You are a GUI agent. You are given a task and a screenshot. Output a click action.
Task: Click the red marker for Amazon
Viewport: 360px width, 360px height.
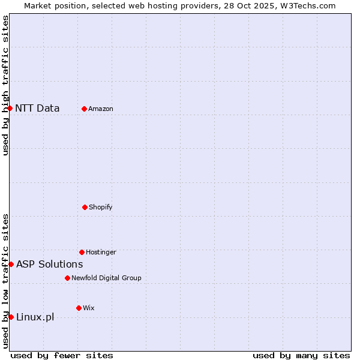click(84, 109)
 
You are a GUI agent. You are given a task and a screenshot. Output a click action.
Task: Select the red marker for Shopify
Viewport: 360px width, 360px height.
click(85, 207)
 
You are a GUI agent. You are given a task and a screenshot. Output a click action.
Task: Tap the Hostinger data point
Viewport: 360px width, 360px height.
click(82, 252)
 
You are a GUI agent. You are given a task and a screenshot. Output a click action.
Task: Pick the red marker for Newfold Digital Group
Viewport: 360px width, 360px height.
click(67, 278)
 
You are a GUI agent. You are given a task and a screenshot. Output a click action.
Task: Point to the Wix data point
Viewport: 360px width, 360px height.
click(79, 308)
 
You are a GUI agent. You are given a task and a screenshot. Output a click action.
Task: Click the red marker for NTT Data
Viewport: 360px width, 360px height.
click(10, 108)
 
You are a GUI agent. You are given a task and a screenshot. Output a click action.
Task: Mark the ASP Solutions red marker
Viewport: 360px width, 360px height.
click(11, 264)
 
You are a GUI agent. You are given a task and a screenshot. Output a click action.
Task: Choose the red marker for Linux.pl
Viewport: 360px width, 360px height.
click(11, 317)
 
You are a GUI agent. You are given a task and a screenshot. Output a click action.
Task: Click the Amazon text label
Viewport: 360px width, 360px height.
click(101, 109)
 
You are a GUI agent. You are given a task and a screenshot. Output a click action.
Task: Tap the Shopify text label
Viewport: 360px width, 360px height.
click(101, 208)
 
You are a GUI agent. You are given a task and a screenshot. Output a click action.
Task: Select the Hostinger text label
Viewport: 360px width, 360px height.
click(101, 253)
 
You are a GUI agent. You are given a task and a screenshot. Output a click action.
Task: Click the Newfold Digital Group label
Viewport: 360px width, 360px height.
click(106, 278)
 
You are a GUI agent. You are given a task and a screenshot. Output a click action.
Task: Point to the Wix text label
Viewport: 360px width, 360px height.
click(89, 308)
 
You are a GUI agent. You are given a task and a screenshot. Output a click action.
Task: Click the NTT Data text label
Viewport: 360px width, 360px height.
click(37, 109)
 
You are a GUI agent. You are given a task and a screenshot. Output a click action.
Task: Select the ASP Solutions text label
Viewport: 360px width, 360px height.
click(49, 265)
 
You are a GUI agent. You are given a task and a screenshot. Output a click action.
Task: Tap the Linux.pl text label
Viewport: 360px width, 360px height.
click(35, 317)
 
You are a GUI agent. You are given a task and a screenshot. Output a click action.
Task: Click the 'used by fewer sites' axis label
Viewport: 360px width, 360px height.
click(62, 355)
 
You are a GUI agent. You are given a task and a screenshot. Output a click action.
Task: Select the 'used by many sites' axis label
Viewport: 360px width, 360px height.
click(301, 355)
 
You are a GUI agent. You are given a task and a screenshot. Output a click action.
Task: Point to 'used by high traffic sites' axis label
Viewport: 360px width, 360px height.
click(5, 85)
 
